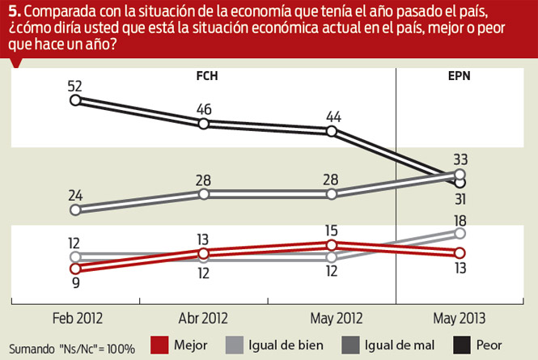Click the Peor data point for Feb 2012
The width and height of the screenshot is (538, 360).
(x=75, y=100)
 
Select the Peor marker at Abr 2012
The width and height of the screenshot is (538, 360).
(x=204, y=123)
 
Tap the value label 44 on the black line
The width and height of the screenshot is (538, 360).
(x=333, y=116)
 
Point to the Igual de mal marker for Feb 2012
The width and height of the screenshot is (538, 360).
(x=75, y=210)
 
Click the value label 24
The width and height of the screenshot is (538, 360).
(x=75, y=194)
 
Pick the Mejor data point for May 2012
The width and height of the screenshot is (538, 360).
(x=332, y=244)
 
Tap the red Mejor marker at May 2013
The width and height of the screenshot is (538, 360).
(x=460, y=252)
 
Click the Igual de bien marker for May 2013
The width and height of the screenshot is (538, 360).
(x=460, y=233)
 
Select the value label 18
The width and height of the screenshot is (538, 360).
(x=460, y=218)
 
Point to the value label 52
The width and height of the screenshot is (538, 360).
(x=75, y=84)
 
